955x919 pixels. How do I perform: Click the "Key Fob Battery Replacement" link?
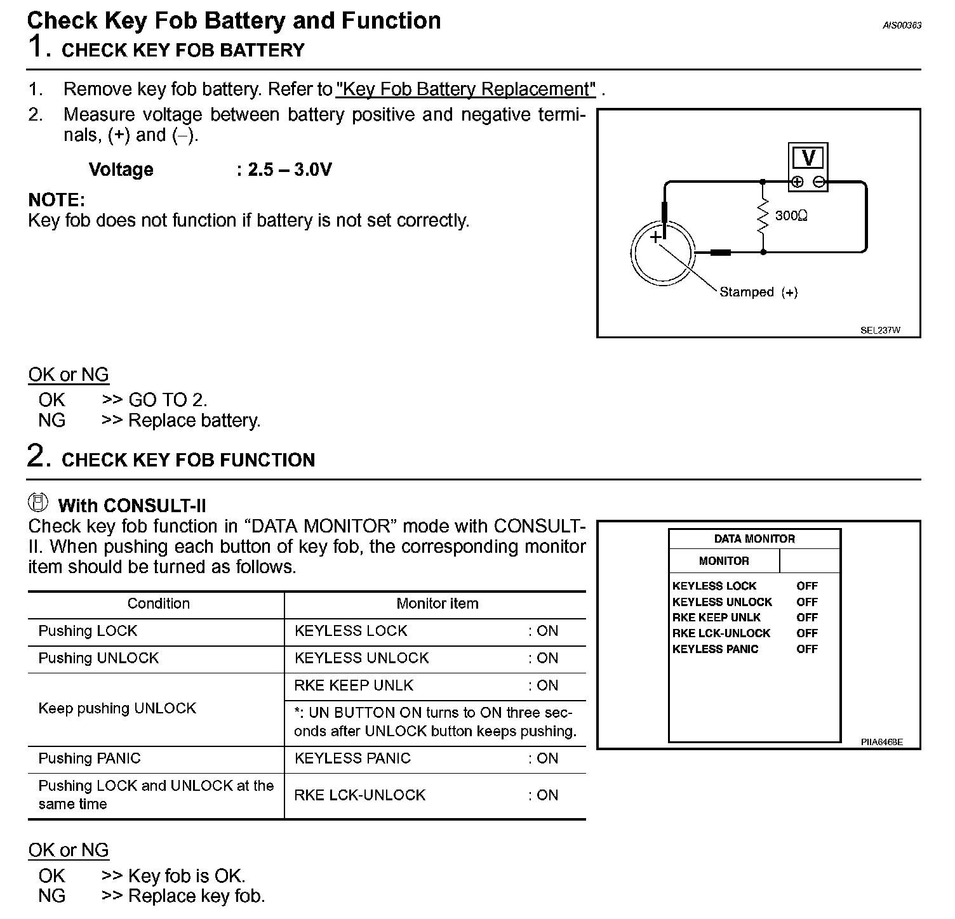pyautogui.click(x=465, y=89)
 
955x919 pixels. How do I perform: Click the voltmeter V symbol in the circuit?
pyautogui.click(x=808, y=157)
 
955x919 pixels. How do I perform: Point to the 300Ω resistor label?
pyautogui.click(x=791, y=216)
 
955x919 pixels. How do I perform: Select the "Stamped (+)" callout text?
pyautogui.click(x=758, y=293)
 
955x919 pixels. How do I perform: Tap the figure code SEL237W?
pyautogui.click(x=880, y=330)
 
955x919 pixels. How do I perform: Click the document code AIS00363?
pyautogui.click(x=902, y=25)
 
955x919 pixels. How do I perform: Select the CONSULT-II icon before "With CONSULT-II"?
pyautogui.click(x=38, y=502)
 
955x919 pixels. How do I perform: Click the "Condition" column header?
pyautogui.click(x=158, y=604)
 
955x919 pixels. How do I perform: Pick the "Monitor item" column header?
pyautogui.click(x=437, y=604)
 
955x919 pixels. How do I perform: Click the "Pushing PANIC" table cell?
pyautogui.click(x=90, y=758)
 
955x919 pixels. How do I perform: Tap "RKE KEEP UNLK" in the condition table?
pyautogui.click(x=354, y=685)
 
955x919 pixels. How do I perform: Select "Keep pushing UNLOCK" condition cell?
pyautogui.click(x=117, y=708)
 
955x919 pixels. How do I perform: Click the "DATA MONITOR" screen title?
pyautogui.click(x=754, y=539)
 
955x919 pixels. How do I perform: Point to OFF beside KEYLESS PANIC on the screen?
pyautogui.click(x=807, y=649)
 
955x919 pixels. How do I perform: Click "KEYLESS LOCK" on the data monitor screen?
pyautogui.click(x=714, y=586)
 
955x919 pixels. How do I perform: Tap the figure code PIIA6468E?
pyautogui.click(x=881, y=742)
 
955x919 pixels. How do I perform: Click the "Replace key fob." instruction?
pyautogui.click(x=196, y=896)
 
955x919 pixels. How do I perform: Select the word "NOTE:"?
pyautogui.click(x=57, y=201)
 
